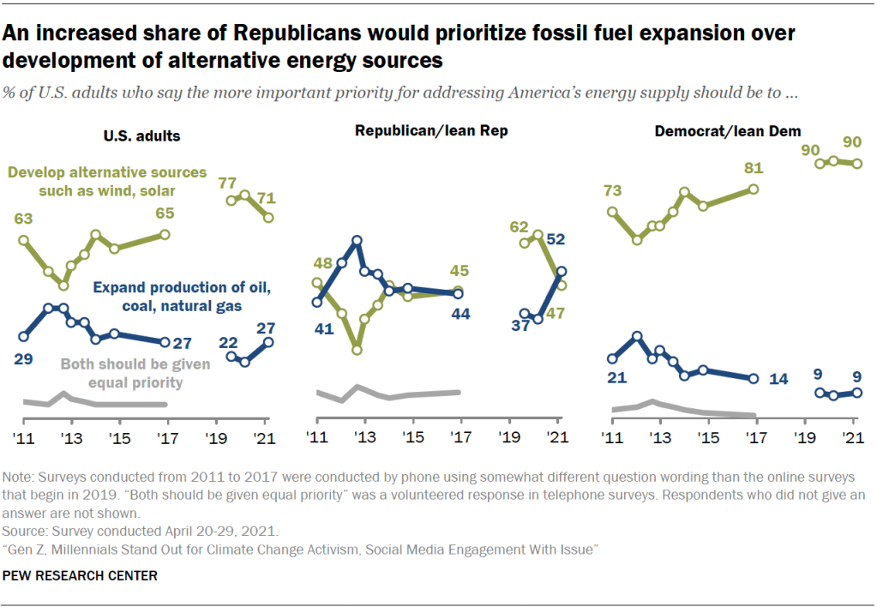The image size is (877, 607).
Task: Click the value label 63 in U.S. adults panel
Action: tap(23, 218)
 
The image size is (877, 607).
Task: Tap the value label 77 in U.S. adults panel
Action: tap(227, 182)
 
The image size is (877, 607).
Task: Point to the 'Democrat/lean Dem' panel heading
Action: tap(728, 131)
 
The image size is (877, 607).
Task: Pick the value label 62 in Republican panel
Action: tap(520, 226)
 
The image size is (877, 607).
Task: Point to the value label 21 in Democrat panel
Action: tap(613, 377)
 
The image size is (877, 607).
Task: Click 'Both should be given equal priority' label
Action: tap(135, 374)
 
